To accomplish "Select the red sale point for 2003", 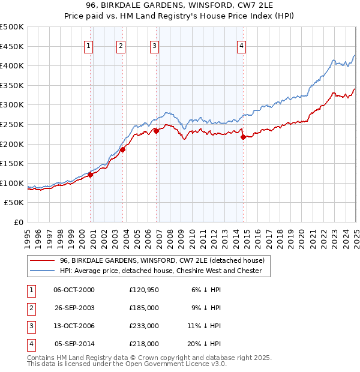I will pyautogui.click(x=122, y=150).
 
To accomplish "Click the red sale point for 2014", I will pyautogui.click(x=243, y=137).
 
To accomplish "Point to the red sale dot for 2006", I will pyautogui.click(x=156, y=131).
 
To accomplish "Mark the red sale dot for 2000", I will pyautogui.click(x=91, y=175).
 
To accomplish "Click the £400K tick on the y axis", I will pyautogui.click(x=13, y=66).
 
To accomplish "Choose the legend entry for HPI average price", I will pyautogui.click(x=161, y=271).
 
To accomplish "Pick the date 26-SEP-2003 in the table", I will pyautogui.click(x=74, y=308).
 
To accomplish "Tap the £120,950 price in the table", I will pyautogui.click(x=144, y=290).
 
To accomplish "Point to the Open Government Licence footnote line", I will pyautogui.click(x=127, y=364).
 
